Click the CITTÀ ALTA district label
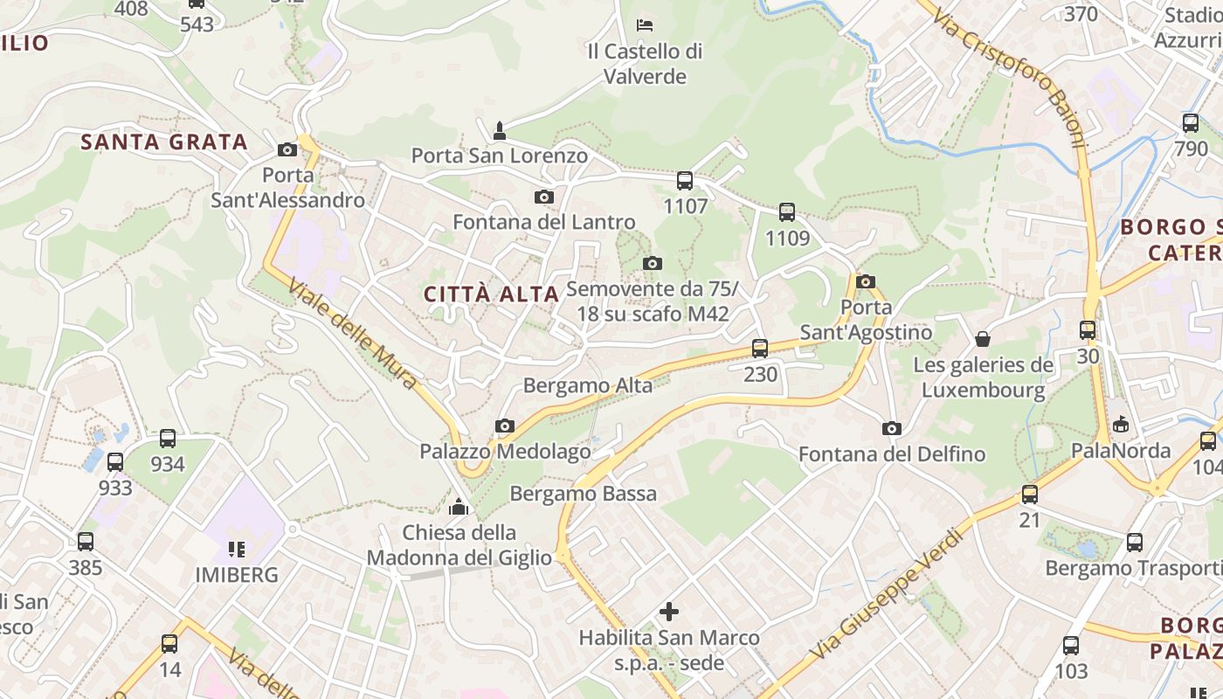[491, 294]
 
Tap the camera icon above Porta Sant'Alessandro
[287, 150]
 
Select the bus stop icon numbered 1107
[685, 181]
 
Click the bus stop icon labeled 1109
[787, 212]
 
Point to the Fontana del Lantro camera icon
[544, 197]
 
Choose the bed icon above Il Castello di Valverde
[645, 24]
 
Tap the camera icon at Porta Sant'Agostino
[866, 281]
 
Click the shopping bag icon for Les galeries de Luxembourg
[983, 338]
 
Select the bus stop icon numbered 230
[760, 349]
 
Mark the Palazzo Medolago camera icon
[504, 426]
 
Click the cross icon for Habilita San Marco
[669, 612]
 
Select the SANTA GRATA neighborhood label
[164, 142]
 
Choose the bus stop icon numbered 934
[168, 439]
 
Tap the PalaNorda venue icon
[1121, 425]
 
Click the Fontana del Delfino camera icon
[891, 428]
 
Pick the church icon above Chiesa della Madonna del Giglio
[459, 507]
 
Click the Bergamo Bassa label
[583, 494]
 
